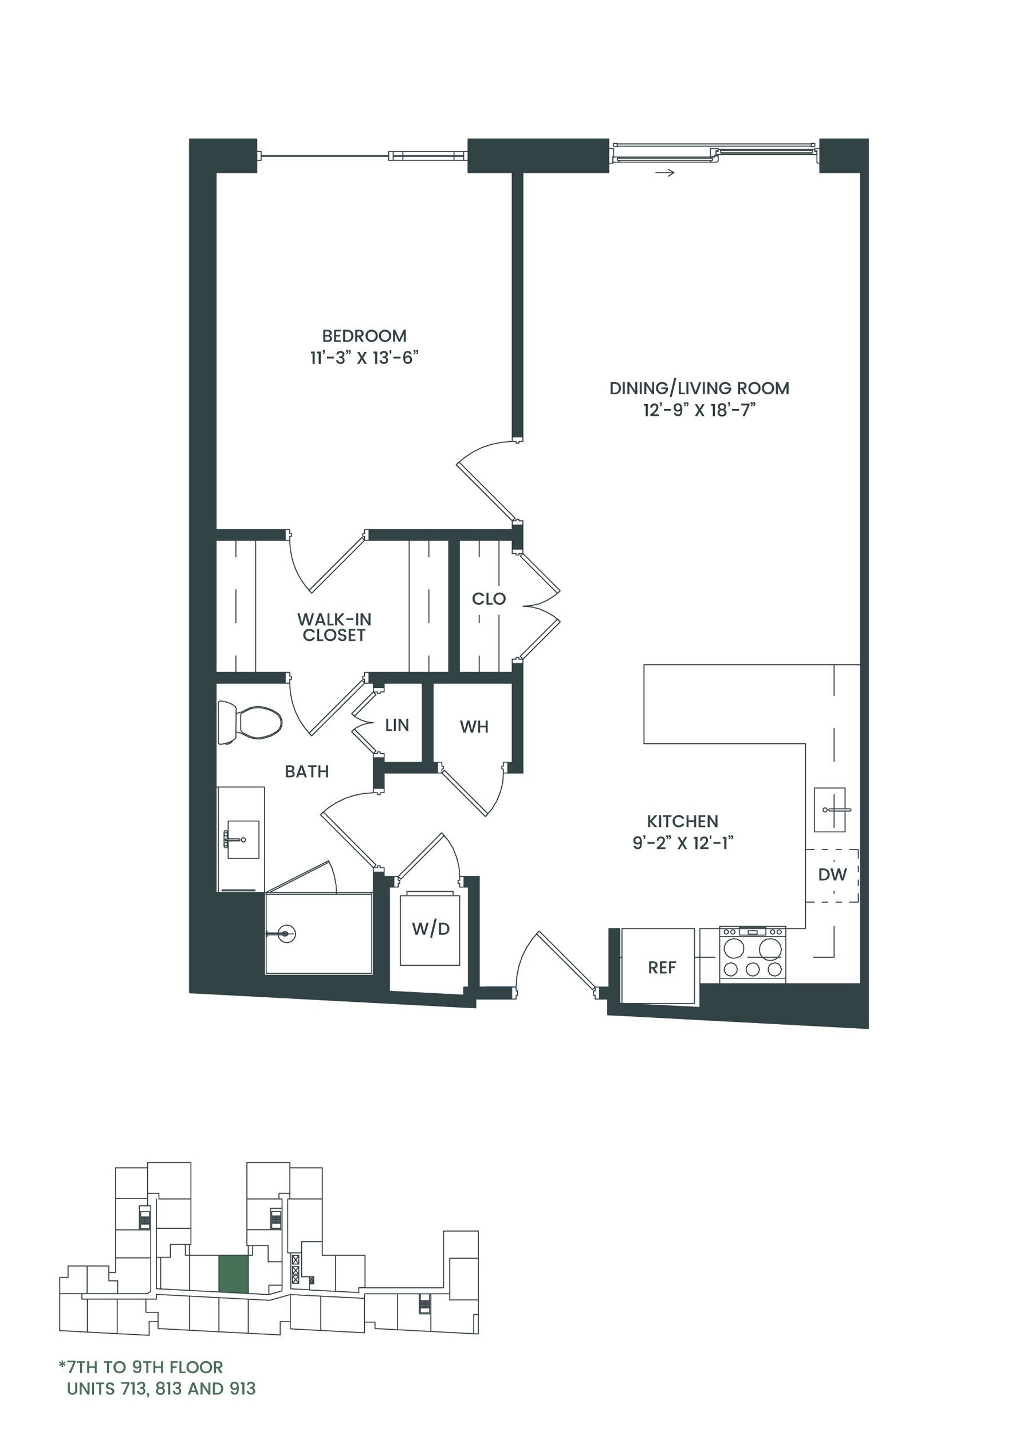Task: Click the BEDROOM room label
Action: (x=364, y=336)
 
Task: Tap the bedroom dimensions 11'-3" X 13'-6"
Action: (x=364, y=358)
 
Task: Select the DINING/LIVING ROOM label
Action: (x=699, y=388)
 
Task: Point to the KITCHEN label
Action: (x=683, y=821)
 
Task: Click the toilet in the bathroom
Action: (x=250, y=722)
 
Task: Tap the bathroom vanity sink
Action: (x=242, y=839)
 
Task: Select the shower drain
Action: (x=286, y=934)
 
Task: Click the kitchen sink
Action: (x=830, y=810)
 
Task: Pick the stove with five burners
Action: (x=752, y=954)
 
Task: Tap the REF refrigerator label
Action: (x=662, y=967)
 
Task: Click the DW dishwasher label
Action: (x=832, y=875)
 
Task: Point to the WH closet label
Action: (x=474, y=727)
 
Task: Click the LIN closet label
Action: (x=397, y=725)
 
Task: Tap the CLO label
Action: (x=489, y=598)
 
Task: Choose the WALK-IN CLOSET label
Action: (x=334, y=627)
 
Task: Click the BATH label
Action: (x=306, y=771)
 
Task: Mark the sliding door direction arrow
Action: (x=664, y=172)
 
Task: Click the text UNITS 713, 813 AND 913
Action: (x=162, y=1389)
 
